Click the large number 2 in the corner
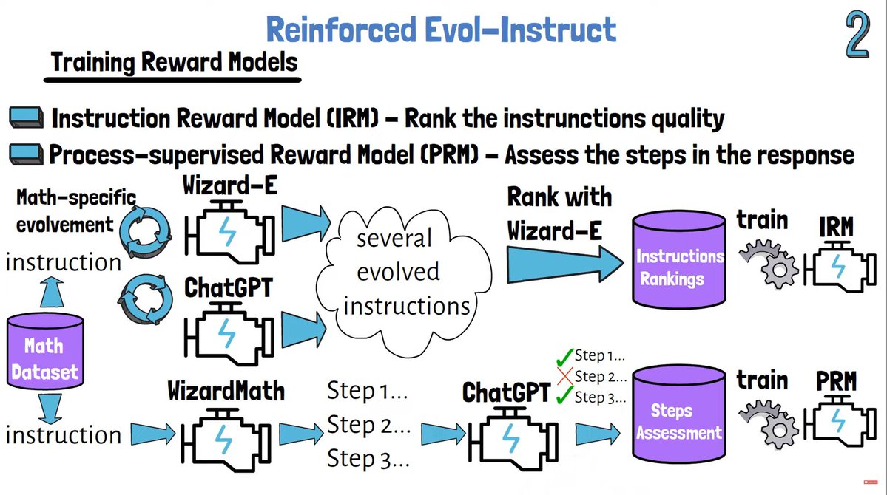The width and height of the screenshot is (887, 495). click(x=857, y=35)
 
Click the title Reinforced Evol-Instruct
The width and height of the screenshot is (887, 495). click(x=441, y=30)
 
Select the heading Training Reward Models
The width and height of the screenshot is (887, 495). click(x=174, y=62)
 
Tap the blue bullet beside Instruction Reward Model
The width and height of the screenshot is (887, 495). click(x=26, y=117)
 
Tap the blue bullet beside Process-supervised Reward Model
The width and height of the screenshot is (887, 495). click(x=26, y=154)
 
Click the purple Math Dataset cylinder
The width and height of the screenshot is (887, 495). click(x=45, y=351)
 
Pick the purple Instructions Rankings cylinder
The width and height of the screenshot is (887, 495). click(x=678, y=259)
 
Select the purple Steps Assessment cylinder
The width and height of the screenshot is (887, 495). click(x=678, y=414)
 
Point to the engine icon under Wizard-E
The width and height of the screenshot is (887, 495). click(x=229, y=231)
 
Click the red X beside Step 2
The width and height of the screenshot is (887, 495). click(x=564, y=376)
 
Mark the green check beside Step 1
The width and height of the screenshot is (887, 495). click(x=564, y=357)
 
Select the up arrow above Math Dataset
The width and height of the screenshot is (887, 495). click(x=52, y=292)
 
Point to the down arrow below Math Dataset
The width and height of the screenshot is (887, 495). click(x=50, y=409)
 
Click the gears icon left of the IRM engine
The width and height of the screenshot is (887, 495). click(x=769, y=263)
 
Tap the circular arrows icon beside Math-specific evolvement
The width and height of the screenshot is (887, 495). click(x=146, y=232)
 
